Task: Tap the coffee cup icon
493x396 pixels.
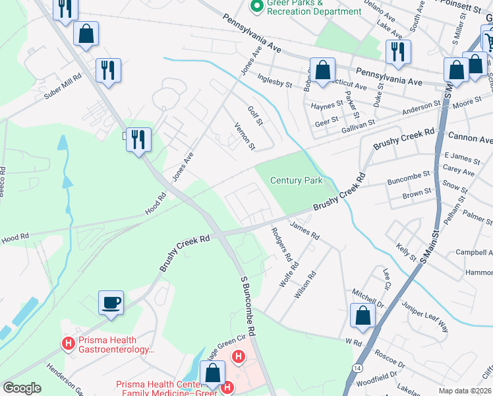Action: pyautogui.click(x=111, y=303)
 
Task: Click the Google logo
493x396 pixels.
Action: pyautogui.click(x=22, y=388)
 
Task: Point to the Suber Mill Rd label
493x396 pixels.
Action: pyautogui.click(x=63, y=86)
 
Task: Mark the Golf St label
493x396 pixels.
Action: pyautogui.click(x=255, y=116)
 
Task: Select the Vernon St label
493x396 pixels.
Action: pyautogui.click(x=245, y=135)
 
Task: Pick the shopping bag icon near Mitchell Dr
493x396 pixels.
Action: pyautogui.click(x=362, y=316)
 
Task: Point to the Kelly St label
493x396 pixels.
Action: pyautogui.click(x=407, y=251)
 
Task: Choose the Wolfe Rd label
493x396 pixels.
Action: pyautogui.click(x=289, y=273)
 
